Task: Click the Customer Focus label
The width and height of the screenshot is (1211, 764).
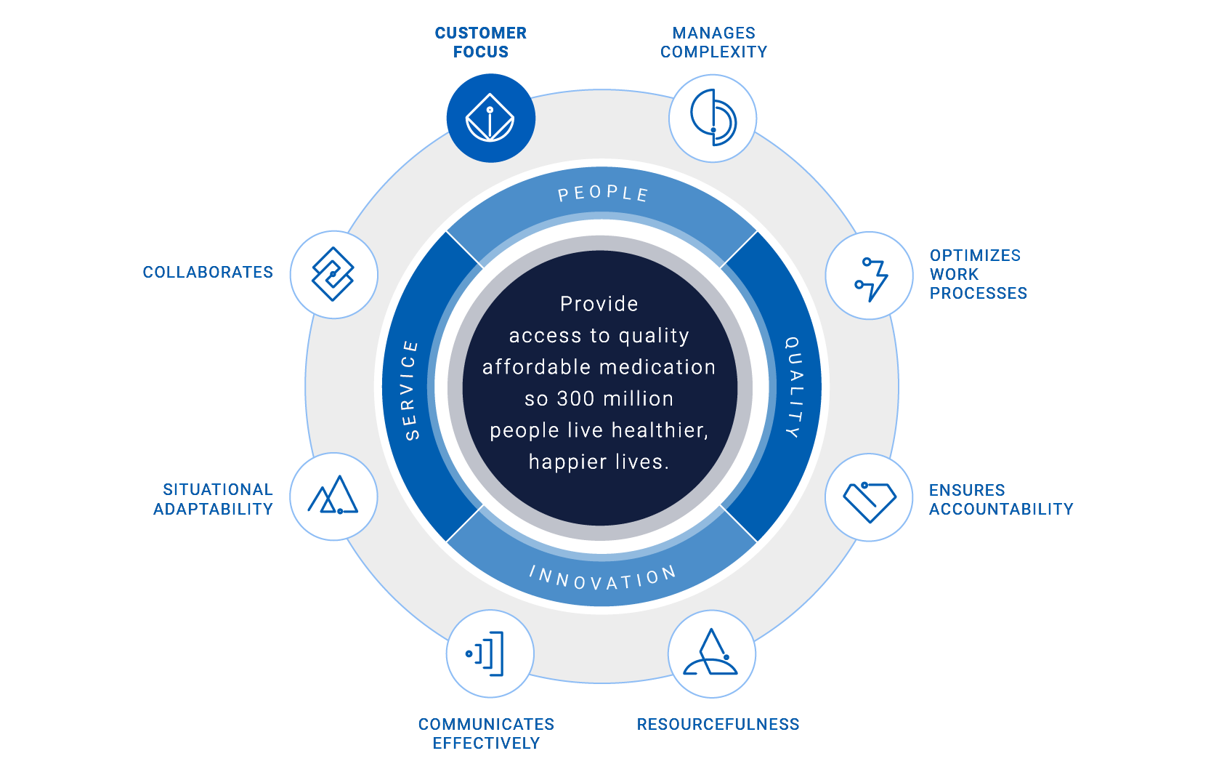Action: pyautogui.click(x=480, y=42)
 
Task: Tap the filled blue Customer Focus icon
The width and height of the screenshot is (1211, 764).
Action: pyautogui.click(x=490, y=118)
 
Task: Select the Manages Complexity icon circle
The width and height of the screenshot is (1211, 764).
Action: pyautogui.click(x=713, y=118)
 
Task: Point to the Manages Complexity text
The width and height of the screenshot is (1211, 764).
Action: pyautogui.click(x=713, y=42)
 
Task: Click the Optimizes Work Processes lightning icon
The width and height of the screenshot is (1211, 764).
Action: pyautogui.click(x=870, y=276)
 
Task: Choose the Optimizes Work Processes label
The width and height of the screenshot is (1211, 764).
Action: pyautogui.click(x=977, y=274)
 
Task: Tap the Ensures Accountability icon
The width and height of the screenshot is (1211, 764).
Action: pyautogui.click(x=869, y=498)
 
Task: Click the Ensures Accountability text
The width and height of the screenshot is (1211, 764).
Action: pyautogui.click(x=1000, y=499)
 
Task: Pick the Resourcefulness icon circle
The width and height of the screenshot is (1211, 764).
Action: pyautogui.click(x=712, y=654)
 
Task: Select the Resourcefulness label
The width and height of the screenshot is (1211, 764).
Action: pyautogui.click(x=718, y=724)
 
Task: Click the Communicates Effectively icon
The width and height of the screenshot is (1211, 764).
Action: pyautogui.click(x=490, y=654)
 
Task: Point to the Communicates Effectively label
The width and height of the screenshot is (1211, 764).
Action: pyautogui.click(x=486, y=733)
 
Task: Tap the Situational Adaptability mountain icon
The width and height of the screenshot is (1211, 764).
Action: pyautogui.click(x=333, y=496)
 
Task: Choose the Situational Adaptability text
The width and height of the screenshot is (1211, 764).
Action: pyautogui.click(x=213, y=499)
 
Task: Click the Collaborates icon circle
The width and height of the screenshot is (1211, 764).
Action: pyautogui.click(x=333, y=275)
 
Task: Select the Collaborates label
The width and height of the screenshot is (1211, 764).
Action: pyautogui.click(x=208, y=272)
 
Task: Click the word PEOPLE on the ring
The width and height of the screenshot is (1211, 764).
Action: pyautogui.click(x=602, y=193)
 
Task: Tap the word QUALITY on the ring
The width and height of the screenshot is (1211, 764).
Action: pyautogui.click(x=794, y=387)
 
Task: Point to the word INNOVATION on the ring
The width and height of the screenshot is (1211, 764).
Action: pyautogui.click(x=602, y=578)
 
